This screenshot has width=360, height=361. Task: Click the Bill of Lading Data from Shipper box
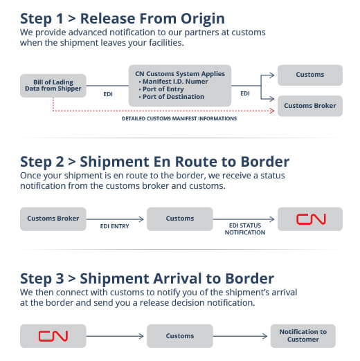click(x=53, y=86)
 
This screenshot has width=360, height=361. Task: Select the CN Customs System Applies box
click(x=180, y=86)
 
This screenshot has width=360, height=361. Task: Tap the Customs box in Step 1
click(x=310, y=75)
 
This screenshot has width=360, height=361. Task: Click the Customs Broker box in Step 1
click(x=310, y=106)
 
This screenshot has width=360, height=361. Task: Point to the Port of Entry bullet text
click(x=163, y=89)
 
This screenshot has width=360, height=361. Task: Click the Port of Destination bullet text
click(x=172, y=97)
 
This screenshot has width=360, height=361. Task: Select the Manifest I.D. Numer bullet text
click(x=173, y=82)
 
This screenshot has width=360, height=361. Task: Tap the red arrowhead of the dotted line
click(x=272, y=111)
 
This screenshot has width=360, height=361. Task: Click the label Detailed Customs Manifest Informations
click(x=179, y=118)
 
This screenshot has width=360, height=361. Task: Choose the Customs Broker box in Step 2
click(x=53, y=219)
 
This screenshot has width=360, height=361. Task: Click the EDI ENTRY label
click(x=114, y=226)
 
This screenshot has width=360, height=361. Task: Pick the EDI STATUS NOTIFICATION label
click(x=245, y=229)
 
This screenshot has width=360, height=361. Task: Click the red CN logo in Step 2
click(x=311, y=219)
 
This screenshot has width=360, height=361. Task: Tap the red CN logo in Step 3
click(x=53, y=336)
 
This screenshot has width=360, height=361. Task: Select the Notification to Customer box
click(x=303, y=335)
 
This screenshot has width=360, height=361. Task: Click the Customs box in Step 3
click(x=180, y=336)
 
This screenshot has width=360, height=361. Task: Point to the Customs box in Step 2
click(x=180, y=219)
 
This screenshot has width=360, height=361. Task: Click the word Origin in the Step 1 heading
click(x=203, y=19)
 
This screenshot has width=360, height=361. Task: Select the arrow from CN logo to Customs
click(x=115, y=336)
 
